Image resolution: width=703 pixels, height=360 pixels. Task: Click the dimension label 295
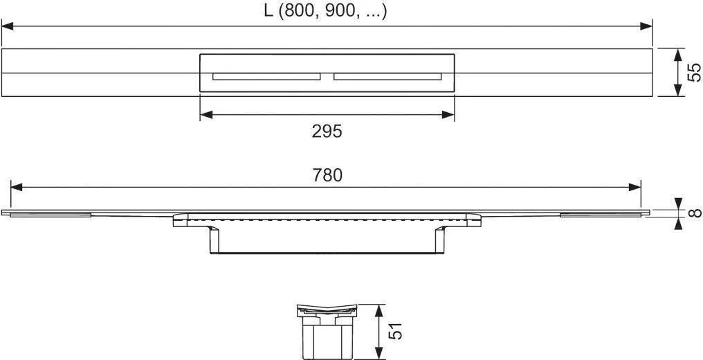[327, 132]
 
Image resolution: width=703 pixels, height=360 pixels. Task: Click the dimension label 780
[327, 175]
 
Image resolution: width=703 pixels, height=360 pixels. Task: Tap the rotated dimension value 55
[693, 73]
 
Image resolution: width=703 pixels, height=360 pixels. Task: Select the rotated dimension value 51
[396, 331]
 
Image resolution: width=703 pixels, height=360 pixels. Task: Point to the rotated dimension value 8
[695, 213]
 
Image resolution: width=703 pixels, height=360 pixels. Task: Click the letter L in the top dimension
[268, 11]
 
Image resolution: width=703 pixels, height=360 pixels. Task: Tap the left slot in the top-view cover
[266, 77]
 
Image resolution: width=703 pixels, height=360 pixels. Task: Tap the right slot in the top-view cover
[387, 77]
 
